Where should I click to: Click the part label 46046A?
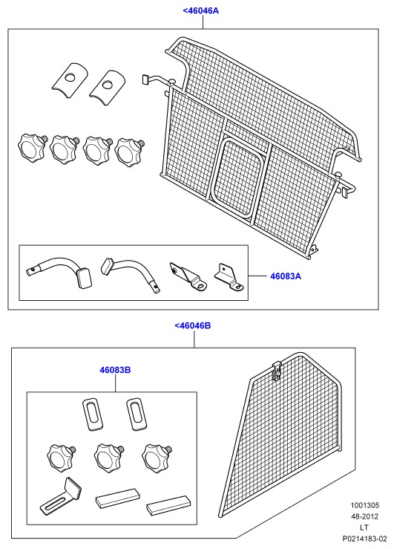pos(200,10)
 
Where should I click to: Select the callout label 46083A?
pos(285,276)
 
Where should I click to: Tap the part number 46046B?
pos(193,325)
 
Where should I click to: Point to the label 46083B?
pos(115,370)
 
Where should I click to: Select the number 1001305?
pos(364,505)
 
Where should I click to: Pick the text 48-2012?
pos(364,516)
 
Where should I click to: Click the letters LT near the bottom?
pos(364,527)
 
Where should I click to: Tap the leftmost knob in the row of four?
pos(32,146)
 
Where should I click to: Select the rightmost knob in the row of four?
pos(129,152)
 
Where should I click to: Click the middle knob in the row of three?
pos(108,457)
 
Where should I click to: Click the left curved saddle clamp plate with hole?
pos(70,80)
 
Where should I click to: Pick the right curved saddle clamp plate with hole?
pos(108,85)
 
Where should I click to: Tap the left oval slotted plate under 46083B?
pos(93,414)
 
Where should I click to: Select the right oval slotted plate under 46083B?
pos(137,414)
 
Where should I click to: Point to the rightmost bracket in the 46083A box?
pos(228,277)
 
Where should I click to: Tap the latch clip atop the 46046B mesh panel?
pos(277,369)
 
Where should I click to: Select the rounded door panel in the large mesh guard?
pos(236,179)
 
